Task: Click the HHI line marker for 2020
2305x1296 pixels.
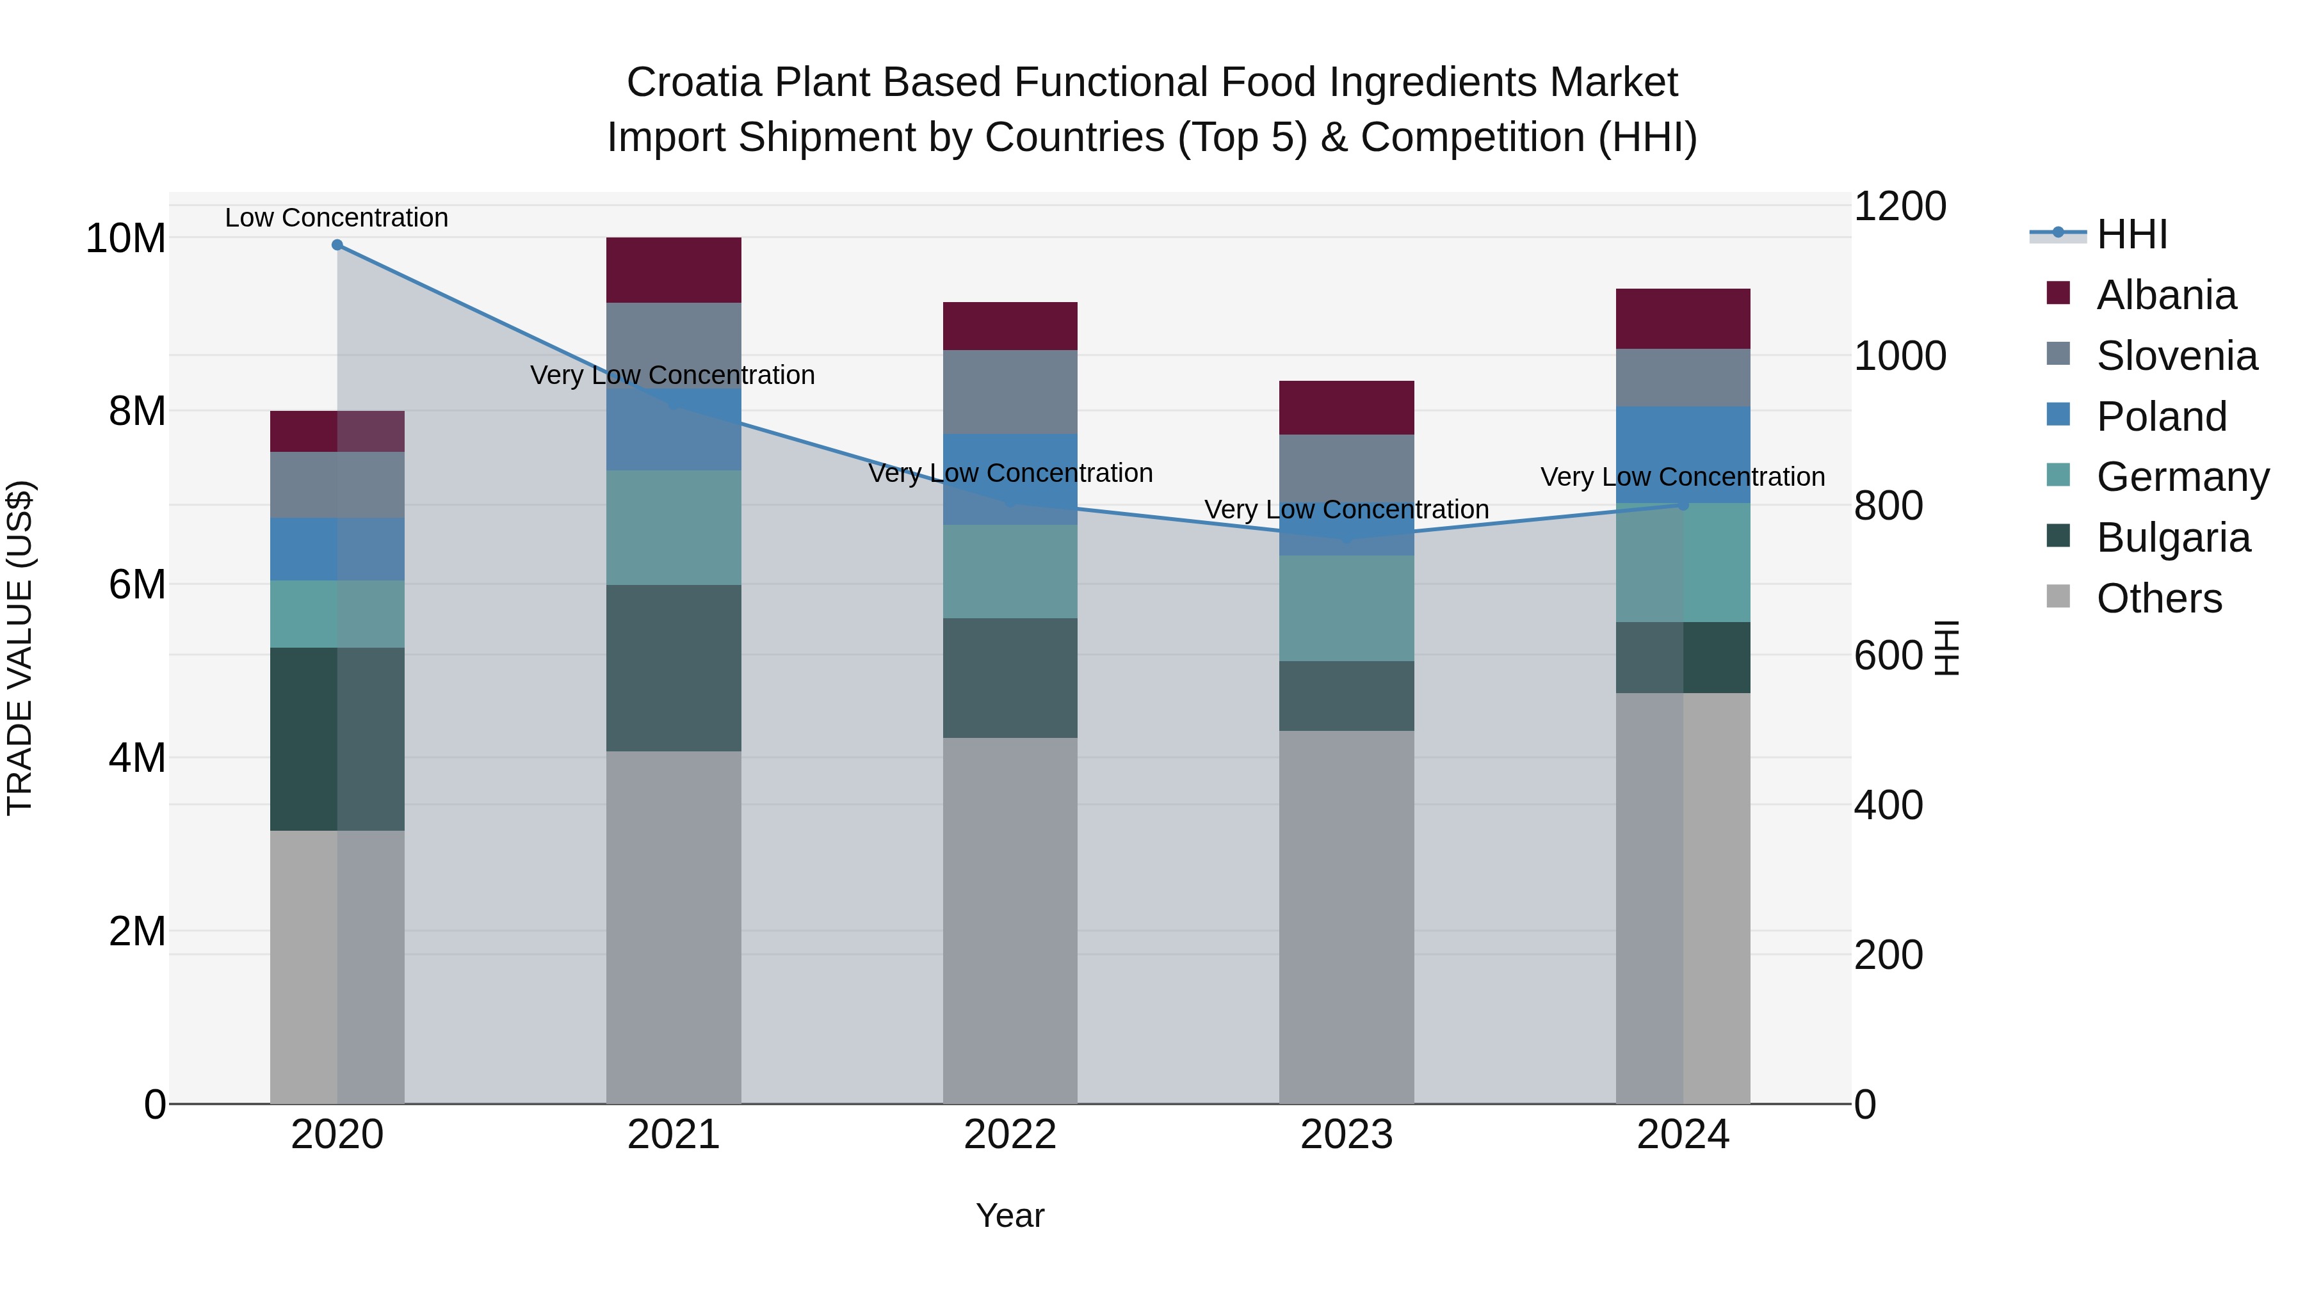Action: [337, 245]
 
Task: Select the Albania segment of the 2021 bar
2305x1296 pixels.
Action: [674, 270]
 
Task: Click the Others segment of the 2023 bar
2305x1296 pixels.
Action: [1346, 916]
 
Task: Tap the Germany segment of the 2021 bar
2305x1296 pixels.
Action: [674, 528]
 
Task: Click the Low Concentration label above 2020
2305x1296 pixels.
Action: [336, 218]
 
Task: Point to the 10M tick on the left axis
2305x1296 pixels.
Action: [125, 239]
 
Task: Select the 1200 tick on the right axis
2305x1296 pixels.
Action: [1900, 207]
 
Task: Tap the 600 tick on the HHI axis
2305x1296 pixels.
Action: [1888, 655]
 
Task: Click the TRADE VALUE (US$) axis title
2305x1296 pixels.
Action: [20, 648]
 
